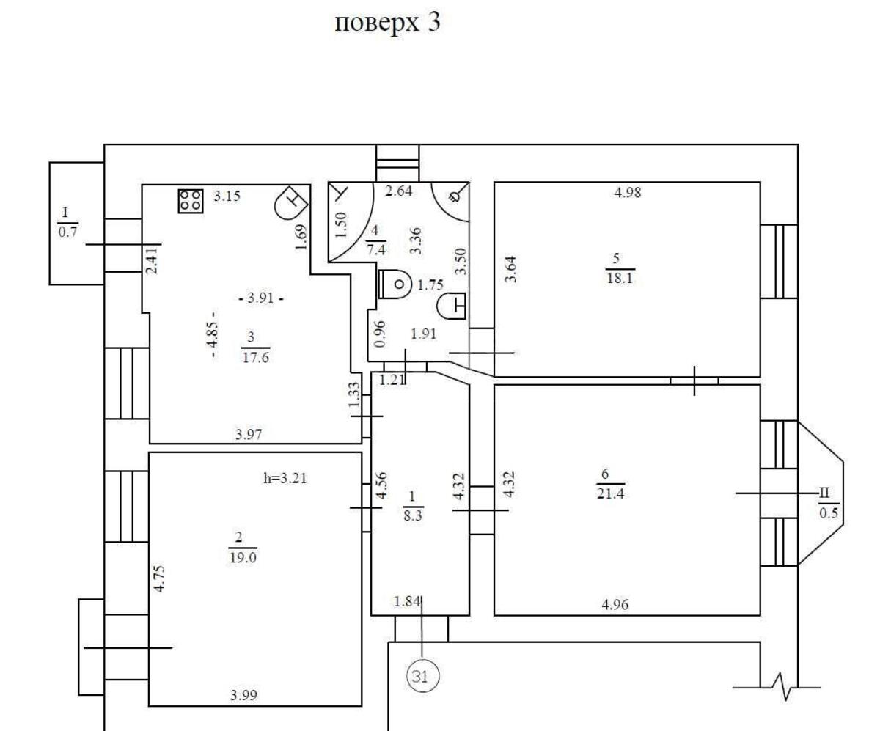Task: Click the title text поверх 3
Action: (x=388, y=23)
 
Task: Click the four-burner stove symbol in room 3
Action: (x=191, y=201)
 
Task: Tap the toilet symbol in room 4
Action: (x=395, y=284)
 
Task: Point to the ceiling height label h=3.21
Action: (x=285, y=479)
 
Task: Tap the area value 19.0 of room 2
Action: (x=243, y=556)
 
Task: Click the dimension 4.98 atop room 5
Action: (x=628, y=193)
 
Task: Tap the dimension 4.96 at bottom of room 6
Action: (x=614, y=605)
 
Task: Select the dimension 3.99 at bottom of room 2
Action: (x=244, y=695)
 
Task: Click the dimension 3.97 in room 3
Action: (x=249, y=434)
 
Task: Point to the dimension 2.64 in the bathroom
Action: (x=398, y=193)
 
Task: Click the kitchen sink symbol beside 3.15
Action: (x=290, y=203)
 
